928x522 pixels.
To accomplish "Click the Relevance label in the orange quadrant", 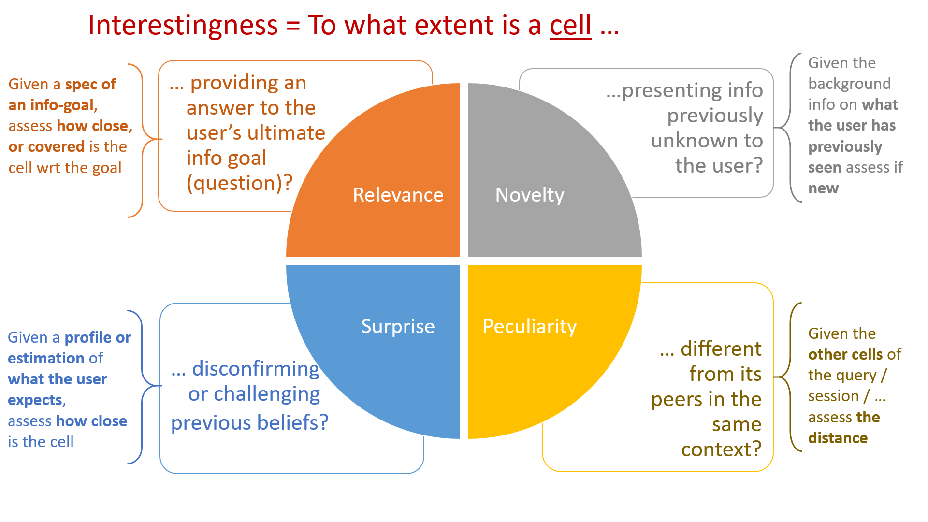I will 398,195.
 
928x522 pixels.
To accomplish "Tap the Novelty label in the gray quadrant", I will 530,195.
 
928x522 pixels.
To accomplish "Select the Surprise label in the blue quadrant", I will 398,326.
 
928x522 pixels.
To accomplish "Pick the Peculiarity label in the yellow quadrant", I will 530,326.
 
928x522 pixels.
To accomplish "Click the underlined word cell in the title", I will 570,25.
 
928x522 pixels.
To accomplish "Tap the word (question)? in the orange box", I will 240,183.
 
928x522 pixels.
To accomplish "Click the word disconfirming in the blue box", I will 256,369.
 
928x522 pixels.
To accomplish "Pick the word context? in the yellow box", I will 721,449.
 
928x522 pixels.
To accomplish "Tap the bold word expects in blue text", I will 35,400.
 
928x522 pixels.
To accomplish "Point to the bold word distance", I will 838,438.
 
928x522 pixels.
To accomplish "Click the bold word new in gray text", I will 823,188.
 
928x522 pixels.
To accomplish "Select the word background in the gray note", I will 849,84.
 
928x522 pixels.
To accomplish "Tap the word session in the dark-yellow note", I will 833,396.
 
